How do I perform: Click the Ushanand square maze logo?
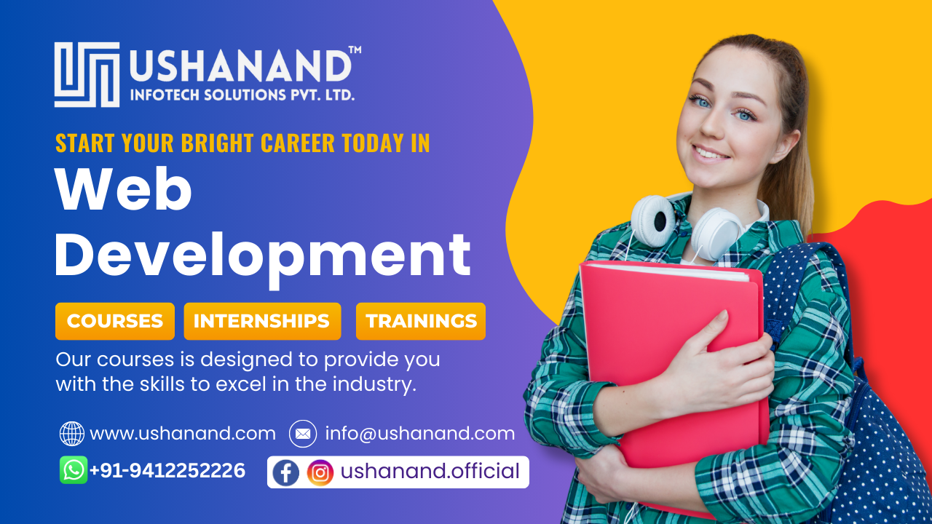click(87, 74)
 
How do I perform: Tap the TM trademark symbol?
click(355, 49)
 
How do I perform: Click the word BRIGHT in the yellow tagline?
click(217, 143)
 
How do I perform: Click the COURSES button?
click(115, 321)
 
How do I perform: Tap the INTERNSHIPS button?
click(262, 321)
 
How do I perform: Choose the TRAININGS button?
click(421, 321)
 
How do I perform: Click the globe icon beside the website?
click(72, 434)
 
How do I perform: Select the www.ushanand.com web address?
click(183, 434)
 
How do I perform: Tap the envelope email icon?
click(303, 434)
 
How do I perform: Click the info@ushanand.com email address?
click(420, 434)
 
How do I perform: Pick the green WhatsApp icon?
click(74, 470)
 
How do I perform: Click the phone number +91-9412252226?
click(167, 470)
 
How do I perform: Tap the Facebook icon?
click(286, 473)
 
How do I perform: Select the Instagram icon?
click(320, 473)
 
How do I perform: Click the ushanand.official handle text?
click(430, 472)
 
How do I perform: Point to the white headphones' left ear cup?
click(653, 221)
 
